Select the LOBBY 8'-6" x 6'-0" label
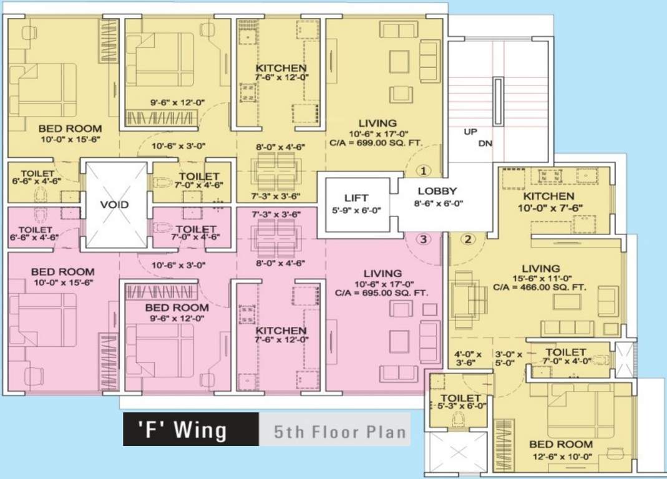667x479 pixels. tap(437, 197)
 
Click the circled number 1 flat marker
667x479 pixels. tap(424, 170)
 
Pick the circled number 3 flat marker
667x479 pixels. tap(423, 238)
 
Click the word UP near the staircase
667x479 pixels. tap(470, 132)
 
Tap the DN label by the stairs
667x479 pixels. tap(486, 143)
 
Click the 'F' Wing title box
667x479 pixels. tap(190, 429)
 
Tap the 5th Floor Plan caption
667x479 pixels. tap(339, 430)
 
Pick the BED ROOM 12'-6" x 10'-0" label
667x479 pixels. tap(560, 450)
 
